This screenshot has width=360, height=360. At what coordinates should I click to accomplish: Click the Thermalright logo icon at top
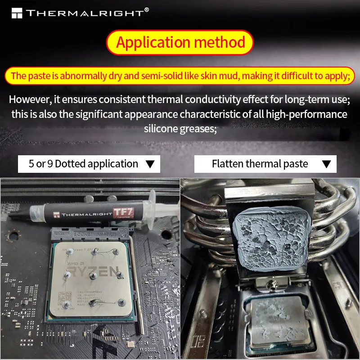pyautogui.click(x=17, y=13)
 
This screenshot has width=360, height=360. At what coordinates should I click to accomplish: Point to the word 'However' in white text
pyautogui.click(x=29, y=99)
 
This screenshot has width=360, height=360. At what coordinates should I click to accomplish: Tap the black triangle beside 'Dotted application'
pyautogui.click(x=150, y=164)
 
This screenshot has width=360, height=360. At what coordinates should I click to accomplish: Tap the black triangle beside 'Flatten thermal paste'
pyautogui.click(x=327, y=164)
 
